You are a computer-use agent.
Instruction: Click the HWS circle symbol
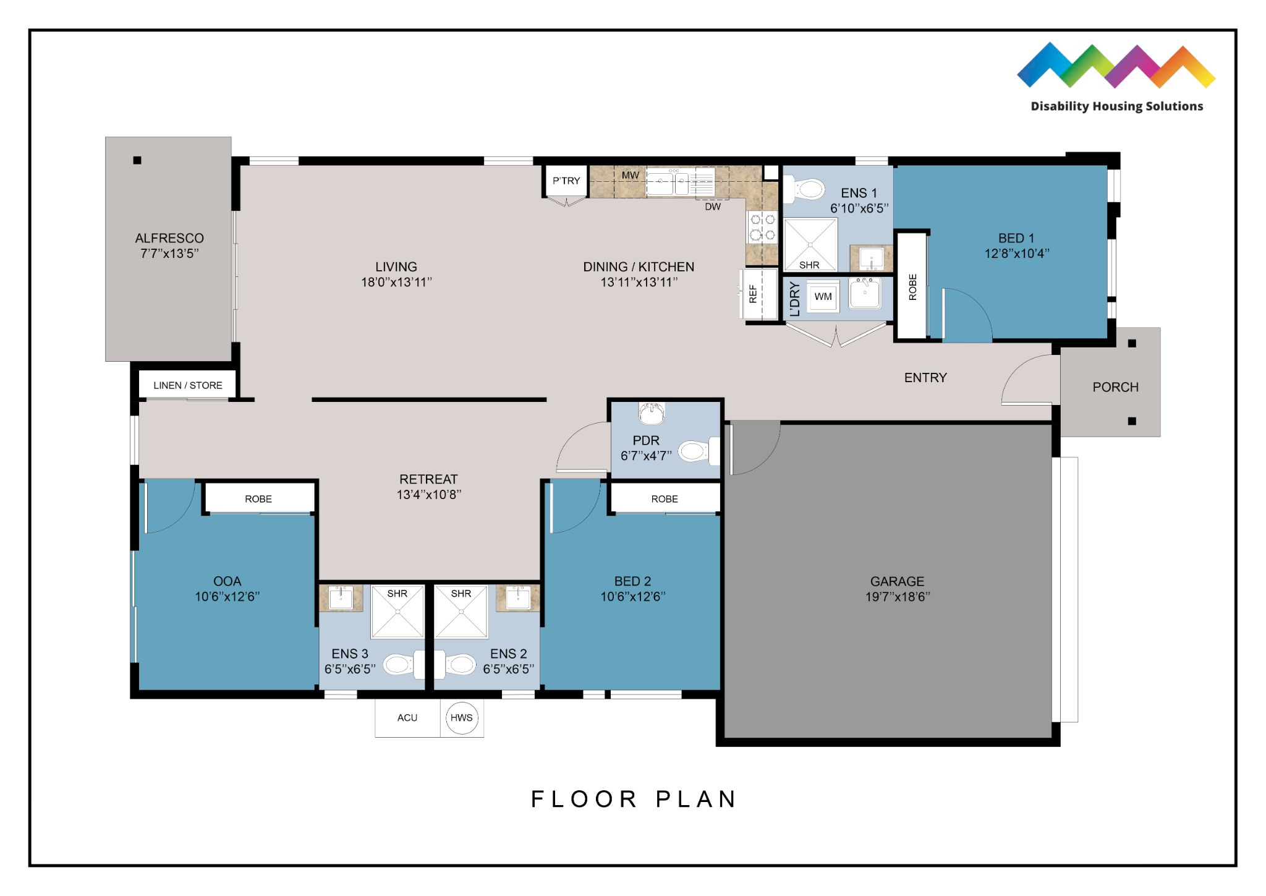click(461, 717)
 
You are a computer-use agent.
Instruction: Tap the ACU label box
click(407, 717)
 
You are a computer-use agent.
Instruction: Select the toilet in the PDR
click(699, 451)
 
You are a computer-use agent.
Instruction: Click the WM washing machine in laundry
click(823, 297)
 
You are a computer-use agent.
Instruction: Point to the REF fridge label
click(753, 294)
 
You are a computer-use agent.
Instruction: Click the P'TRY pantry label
click(566, 181)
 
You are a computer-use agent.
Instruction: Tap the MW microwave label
click(630, 176)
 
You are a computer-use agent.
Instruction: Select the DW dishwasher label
click(713, 207)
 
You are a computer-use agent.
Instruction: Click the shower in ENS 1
click(810, 244)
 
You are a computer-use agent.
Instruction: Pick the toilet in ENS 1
click(804, 188)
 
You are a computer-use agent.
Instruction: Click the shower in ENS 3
click(397, 612)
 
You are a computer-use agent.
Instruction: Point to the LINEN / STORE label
click(188, 385)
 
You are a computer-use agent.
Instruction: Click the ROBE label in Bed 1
click(912, 287)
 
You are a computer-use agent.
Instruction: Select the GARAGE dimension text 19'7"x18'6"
click(898, 597)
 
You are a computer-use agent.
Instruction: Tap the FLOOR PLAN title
click(634, 799)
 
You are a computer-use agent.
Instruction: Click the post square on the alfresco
click(137, 160)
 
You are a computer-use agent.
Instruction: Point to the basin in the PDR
click(651, 414)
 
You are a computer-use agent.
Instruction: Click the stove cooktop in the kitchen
click(762, 226)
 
